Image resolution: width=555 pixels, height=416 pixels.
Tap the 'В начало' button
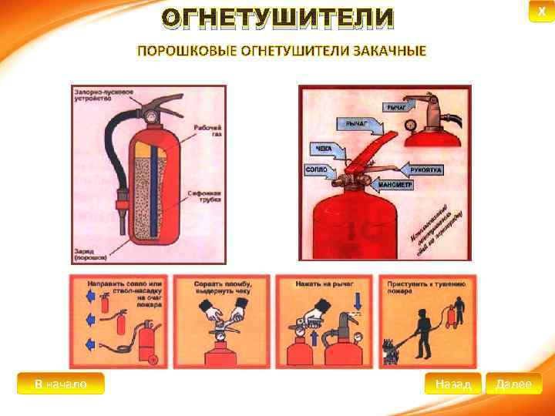[x=60, y=384]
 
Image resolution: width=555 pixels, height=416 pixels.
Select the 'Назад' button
[x=452, y=384]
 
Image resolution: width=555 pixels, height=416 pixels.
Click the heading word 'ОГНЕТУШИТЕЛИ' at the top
[x=277, y=18]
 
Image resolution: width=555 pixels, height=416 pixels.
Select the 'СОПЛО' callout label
[x=317, y=169]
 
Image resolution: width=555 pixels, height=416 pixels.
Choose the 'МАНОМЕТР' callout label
[x=395, y=185]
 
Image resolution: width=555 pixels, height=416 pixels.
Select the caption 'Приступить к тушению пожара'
[x=425, y=288]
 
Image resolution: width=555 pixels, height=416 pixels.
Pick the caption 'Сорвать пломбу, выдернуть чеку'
[x=224, y=288]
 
